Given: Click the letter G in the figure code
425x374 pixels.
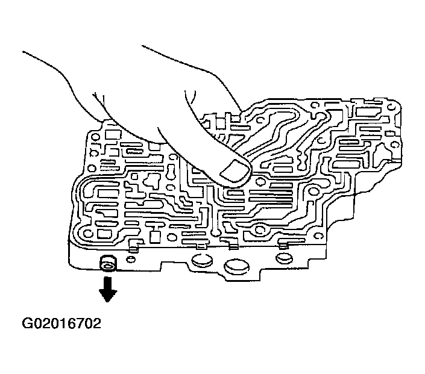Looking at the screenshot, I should [x=28, y=326].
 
